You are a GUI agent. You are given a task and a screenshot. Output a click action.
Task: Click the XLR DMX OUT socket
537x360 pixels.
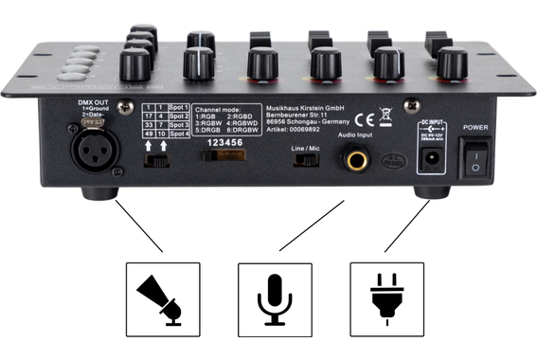[x=94, y=151]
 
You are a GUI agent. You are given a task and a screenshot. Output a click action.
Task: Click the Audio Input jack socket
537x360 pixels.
[x=357, y=160]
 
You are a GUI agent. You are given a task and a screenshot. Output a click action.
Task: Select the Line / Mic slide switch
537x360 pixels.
[x=306, y=158]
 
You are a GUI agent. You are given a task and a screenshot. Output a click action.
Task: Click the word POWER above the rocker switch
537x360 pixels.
[x=475, y=126]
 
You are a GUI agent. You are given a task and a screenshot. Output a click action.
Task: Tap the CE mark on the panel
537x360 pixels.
[x=362, y=118]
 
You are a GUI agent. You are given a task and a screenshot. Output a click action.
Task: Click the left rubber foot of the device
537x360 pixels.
[x=97, y=192]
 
